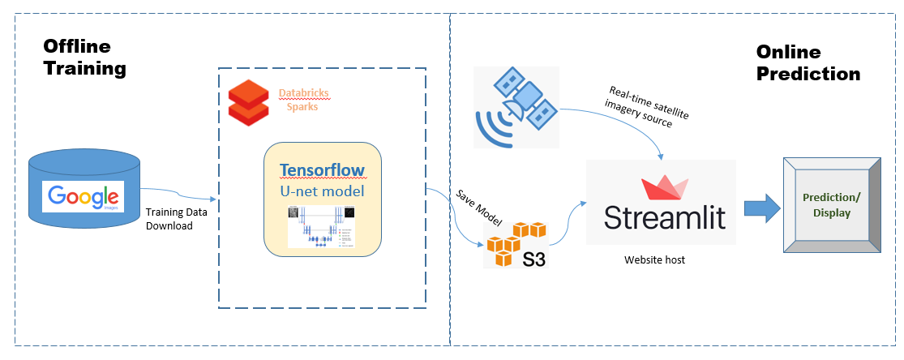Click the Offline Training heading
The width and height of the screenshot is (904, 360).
coord(84,58)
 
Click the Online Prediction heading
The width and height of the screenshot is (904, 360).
coord(808,62)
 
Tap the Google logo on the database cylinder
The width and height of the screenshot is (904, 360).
coord(83,196)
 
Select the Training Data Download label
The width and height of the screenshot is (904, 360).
coord(169,219)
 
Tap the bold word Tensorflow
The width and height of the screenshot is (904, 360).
coord(321,170)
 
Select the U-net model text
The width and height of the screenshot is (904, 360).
coord(322,191)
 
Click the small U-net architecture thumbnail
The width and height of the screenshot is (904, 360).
coord(322,226)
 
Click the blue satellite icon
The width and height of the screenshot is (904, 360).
coord(517,107)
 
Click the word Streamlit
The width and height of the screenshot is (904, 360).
coord(665,217)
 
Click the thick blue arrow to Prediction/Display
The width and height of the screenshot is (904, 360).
coord(761,208)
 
